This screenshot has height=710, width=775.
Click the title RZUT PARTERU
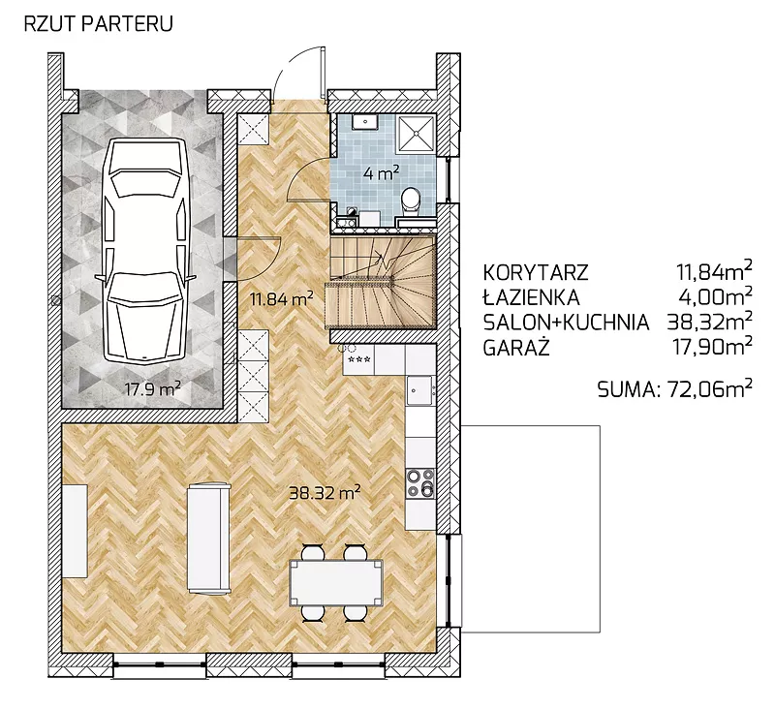tap(99, 24)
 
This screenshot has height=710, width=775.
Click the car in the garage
tap(143, 250)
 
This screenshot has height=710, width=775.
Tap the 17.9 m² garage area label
tap(152, 388)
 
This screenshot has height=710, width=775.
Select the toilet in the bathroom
tap(411, 201)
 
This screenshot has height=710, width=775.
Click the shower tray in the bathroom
tap(418, 132)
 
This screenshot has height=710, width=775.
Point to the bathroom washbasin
tap(365, 121)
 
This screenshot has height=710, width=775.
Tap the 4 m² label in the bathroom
tap(381, 173)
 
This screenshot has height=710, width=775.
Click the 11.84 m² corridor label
tap(281, 299)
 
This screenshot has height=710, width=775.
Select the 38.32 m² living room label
tap(325, 492)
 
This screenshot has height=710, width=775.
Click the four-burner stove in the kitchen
tap(420, 482)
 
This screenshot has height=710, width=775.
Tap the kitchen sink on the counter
tap(420, 389)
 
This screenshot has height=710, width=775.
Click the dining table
tap(336, 583)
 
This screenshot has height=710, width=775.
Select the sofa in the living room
tap(208, 538)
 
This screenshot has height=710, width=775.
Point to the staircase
tap(380, 282)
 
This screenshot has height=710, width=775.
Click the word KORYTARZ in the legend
tap(536, 272)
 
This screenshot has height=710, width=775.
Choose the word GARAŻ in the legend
tap(516, 348)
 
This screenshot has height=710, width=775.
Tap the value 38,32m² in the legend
tap(710, 322)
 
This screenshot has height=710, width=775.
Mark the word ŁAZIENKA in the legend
tap(531, 297)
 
